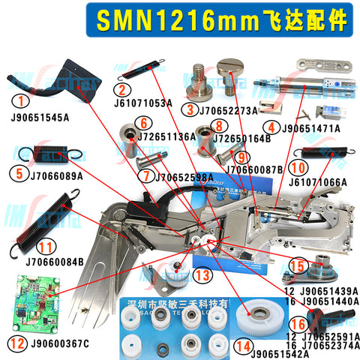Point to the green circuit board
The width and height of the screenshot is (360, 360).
pos(37,303)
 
